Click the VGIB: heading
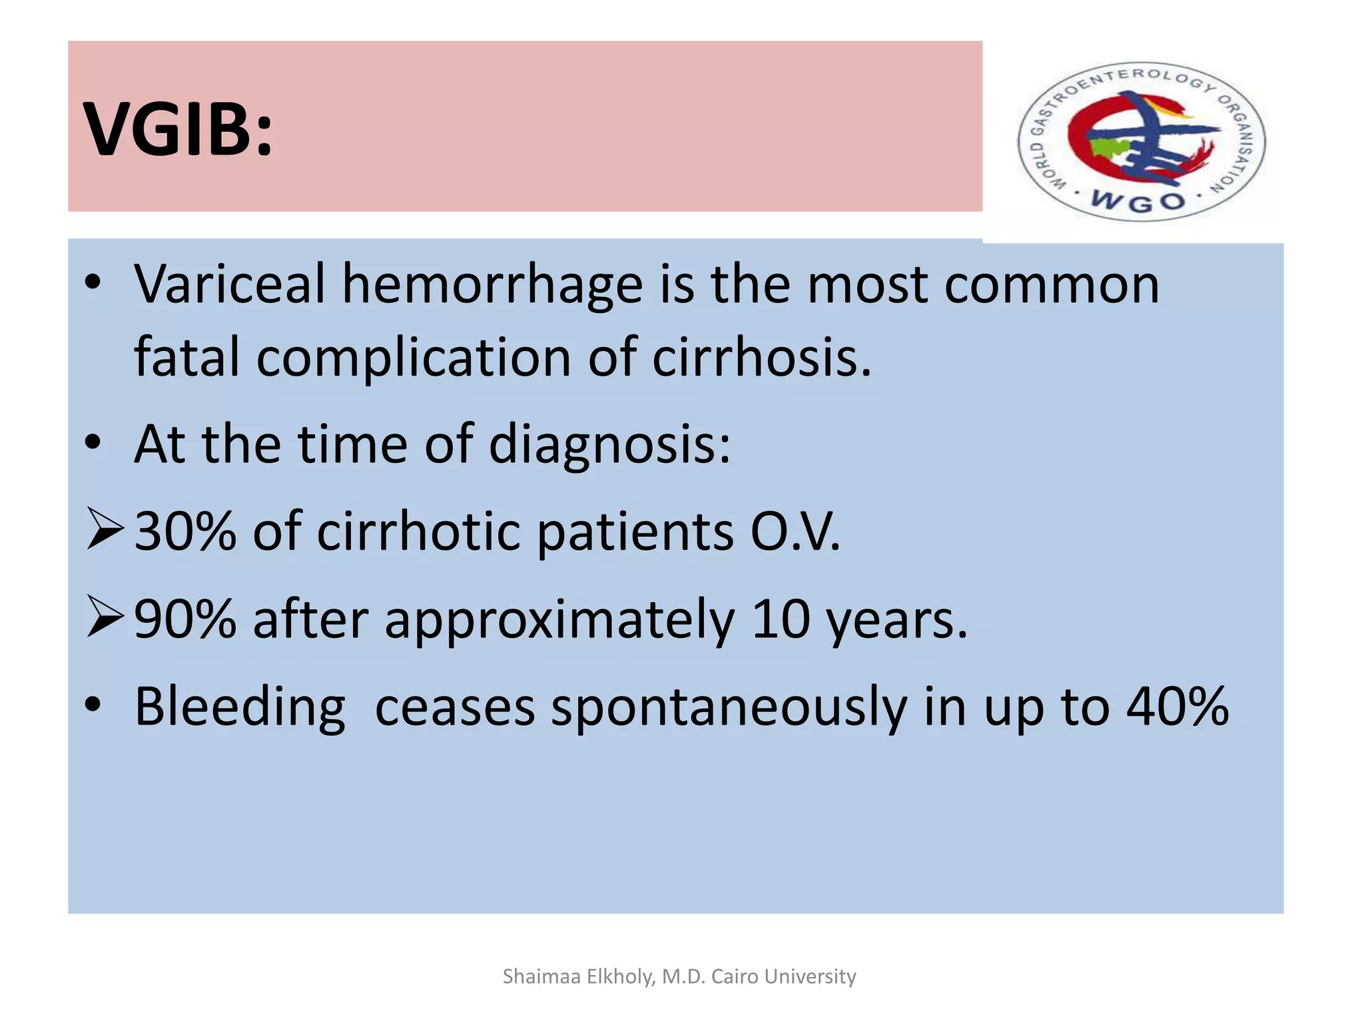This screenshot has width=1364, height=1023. (178, 129)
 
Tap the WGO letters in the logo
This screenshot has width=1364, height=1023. (1139, 200)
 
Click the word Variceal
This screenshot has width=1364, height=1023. (229, 284)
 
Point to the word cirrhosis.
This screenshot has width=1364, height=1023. (761, 358)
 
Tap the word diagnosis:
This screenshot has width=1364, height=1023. (609, 445)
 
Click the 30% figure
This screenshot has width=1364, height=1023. (185, 531)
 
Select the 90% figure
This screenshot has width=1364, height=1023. (185, 619)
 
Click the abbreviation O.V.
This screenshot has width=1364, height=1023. (795, 531)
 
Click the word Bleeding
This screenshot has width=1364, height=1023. (240, 707)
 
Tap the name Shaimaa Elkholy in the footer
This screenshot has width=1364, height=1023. (578, 976)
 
